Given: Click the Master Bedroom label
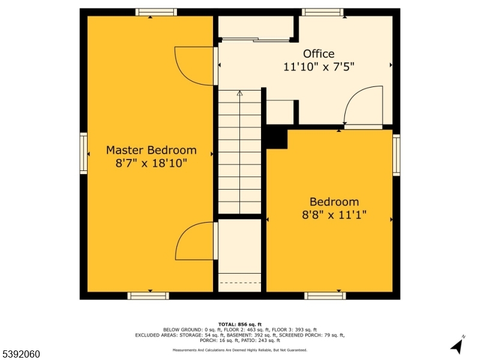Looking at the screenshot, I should click(x=151, y=150).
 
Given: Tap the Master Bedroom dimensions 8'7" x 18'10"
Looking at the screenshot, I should click(x=151, y=163).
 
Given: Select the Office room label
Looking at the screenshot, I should click(x=319, y=54).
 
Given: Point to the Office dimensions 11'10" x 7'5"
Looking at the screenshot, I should click(x=319, y=67).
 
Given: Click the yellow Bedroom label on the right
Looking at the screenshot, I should click(x=334, y=202).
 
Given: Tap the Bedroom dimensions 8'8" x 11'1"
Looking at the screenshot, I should click(x=334, y=215).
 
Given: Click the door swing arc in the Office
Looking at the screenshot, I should click(x=364, y=105).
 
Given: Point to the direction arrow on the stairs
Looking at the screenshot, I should click(x=240, y=94).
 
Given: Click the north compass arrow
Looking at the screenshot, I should click(x=457, y=346).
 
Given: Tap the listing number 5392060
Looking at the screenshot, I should click(x=21, y=354).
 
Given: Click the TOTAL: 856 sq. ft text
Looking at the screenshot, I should click(x=240, y=324).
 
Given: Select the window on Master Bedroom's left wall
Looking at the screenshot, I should click(x=83, y=154).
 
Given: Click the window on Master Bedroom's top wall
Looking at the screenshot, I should click(x=156, y=12).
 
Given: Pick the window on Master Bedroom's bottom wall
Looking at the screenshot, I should click(x=148, y=295).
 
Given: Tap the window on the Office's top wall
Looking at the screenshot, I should click(x=323, y=12).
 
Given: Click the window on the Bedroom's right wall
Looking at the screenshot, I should click(x=396, y=155).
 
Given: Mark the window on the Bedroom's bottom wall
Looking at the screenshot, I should click(x=325, y=295).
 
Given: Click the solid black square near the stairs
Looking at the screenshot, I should click(x=277, y=137).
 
